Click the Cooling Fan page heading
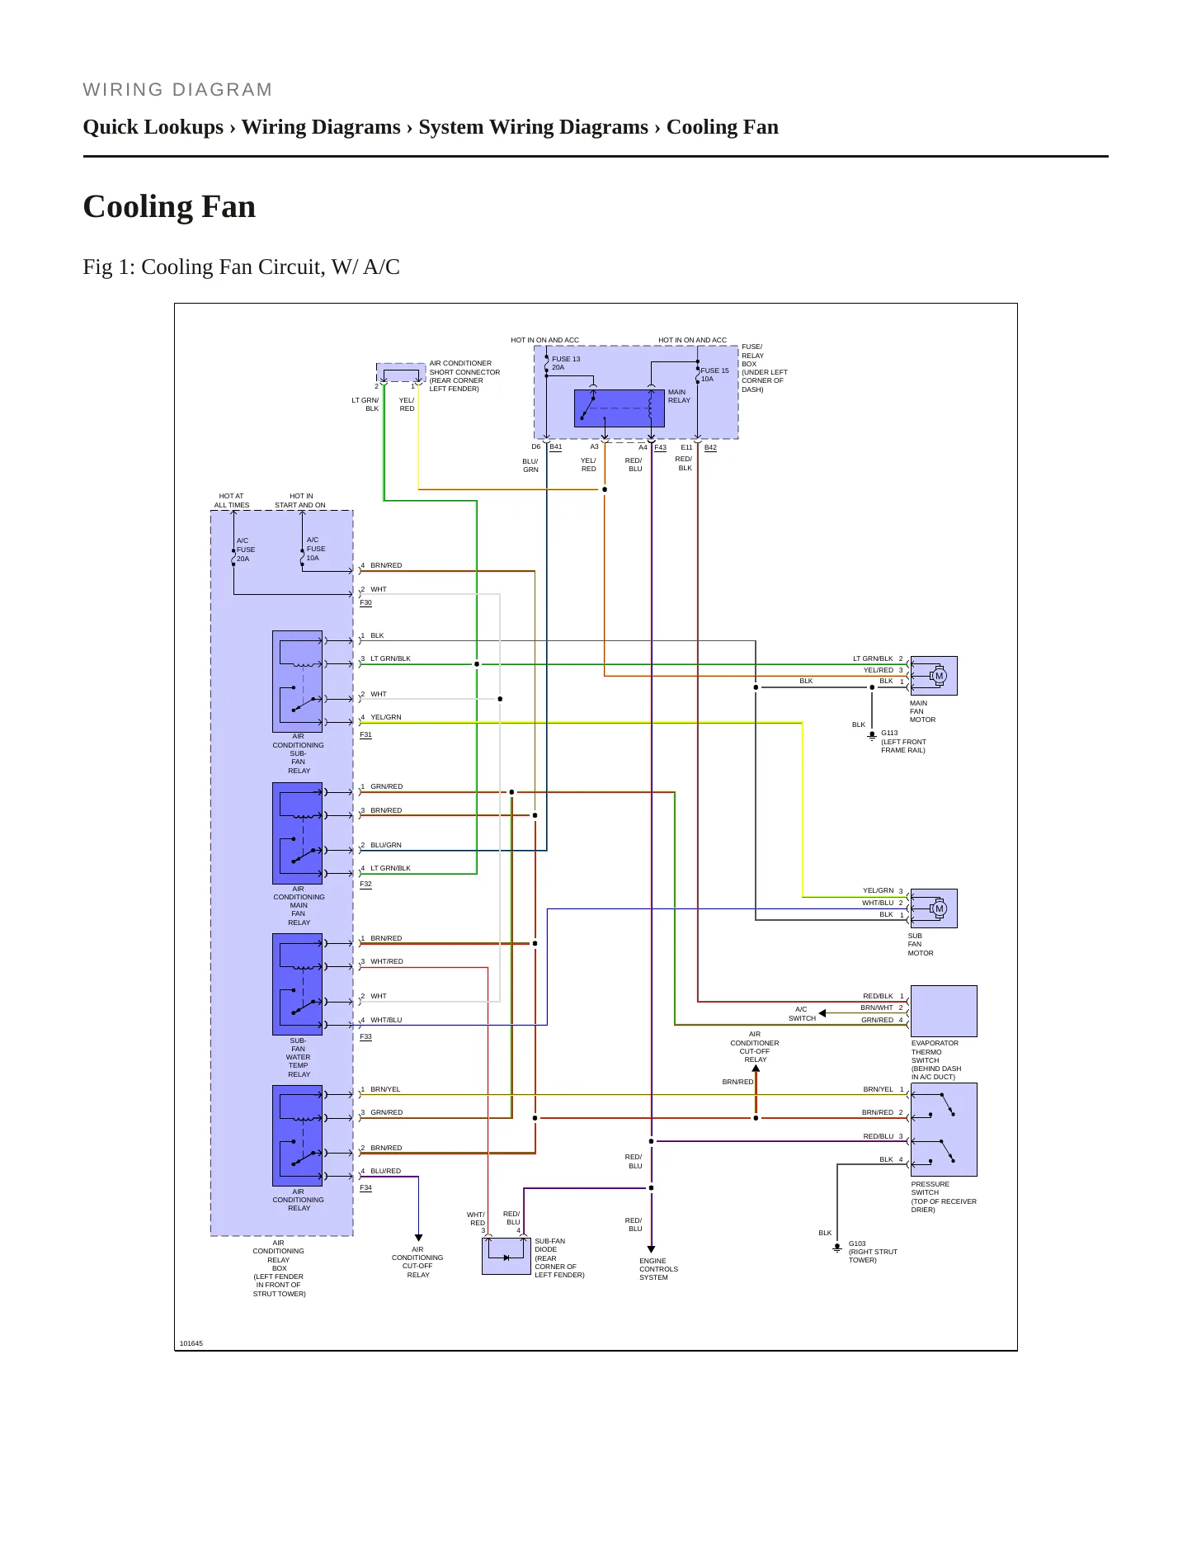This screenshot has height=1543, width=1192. [169, 207]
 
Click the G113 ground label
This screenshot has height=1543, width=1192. [889, 733]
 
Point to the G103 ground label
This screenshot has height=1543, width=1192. [857, 1243]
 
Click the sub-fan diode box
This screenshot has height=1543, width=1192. [506, 1256]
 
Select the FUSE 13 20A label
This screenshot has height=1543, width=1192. [566, 363]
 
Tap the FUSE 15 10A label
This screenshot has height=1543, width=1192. [714, 375]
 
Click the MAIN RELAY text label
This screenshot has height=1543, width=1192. [679, 396]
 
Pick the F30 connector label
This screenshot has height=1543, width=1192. [365, 602]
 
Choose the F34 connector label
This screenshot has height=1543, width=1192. [365, 1187]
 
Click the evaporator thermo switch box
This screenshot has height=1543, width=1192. [944, 1011]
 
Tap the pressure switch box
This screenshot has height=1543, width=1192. [944, 1130]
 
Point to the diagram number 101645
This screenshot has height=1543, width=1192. [191, 1343]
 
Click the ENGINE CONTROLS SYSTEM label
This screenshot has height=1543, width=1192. [658, 1269]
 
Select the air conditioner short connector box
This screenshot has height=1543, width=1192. [401, 373]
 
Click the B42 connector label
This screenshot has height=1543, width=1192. [710, 447]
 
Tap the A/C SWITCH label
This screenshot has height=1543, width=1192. [802, 1013]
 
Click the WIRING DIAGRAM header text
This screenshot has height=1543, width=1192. [177, 90]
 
